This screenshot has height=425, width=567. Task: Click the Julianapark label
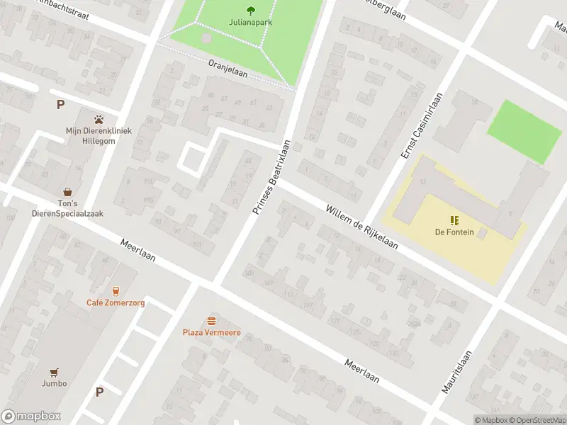251,22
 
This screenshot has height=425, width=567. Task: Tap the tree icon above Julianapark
251,10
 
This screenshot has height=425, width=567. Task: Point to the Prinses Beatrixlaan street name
272,177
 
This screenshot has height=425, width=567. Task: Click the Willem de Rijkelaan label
362,227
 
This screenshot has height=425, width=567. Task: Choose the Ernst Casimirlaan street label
422,125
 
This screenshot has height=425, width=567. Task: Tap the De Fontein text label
454,232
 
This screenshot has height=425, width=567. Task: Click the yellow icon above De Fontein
454,220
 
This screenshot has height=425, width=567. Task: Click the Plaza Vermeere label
211,333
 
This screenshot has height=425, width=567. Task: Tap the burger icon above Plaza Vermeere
211,321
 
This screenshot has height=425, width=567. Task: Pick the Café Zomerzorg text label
116,302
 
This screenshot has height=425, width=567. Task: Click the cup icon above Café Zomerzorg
116,290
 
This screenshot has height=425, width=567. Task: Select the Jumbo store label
54,383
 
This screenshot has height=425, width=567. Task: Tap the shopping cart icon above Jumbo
54,371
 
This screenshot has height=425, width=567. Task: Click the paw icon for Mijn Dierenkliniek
99,119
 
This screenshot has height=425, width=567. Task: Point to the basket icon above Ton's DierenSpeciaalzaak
68,191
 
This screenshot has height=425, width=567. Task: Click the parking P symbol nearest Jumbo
99,392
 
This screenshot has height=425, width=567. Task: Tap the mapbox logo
31,416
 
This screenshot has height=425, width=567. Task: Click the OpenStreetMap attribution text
537,420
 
